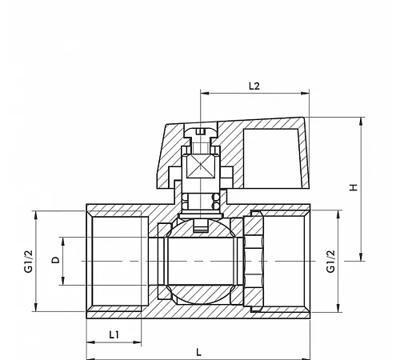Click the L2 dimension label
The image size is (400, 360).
coord(254,86)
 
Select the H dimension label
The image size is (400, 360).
coord(354,187)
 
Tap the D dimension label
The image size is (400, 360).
coord(55,260)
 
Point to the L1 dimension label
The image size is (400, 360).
coord(114,334)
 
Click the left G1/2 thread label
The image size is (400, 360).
coord(29,262)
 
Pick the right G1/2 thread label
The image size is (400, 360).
coord(330,262)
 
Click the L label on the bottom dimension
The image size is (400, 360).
coord(198,353)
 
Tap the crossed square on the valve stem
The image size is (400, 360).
coord(201,166)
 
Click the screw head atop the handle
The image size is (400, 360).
coord(201,132)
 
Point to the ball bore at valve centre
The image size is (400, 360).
coord(201,261)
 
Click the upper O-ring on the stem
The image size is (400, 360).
coord(215,198)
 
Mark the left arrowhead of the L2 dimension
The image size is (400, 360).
coord(205,94)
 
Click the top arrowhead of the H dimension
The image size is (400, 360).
coord(361,122)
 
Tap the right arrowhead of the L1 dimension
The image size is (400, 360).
coord(137,342)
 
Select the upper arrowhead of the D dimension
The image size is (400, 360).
coord(63,242)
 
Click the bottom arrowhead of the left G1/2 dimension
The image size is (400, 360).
coord(36,307)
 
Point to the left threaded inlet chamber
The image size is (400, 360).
coord(120,261)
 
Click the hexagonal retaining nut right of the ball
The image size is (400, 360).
coord(254,261)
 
